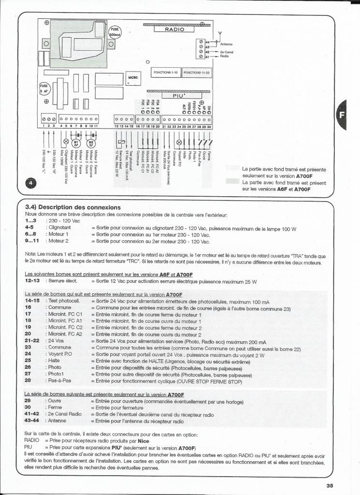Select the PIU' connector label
179,96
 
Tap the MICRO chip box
132,77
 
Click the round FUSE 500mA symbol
116,31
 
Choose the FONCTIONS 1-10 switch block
166,73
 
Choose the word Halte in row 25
53,361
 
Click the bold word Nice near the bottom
144,441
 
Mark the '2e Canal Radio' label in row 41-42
64,414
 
